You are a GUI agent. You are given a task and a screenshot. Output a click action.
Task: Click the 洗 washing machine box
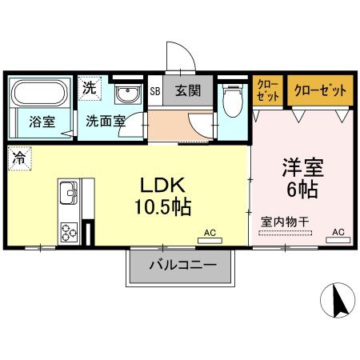[90, 88]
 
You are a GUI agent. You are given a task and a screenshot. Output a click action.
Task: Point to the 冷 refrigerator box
[17, 158]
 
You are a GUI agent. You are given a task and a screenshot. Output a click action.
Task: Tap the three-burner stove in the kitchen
[67, 232]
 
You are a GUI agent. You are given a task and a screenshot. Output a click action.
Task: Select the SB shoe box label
[155, 90]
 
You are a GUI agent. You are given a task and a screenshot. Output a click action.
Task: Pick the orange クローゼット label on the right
[318, 90]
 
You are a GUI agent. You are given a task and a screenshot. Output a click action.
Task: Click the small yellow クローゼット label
[267, 90]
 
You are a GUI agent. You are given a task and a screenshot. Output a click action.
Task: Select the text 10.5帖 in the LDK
[163, 207]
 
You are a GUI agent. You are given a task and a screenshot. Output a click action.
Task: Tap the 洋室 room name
[300, 169]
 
